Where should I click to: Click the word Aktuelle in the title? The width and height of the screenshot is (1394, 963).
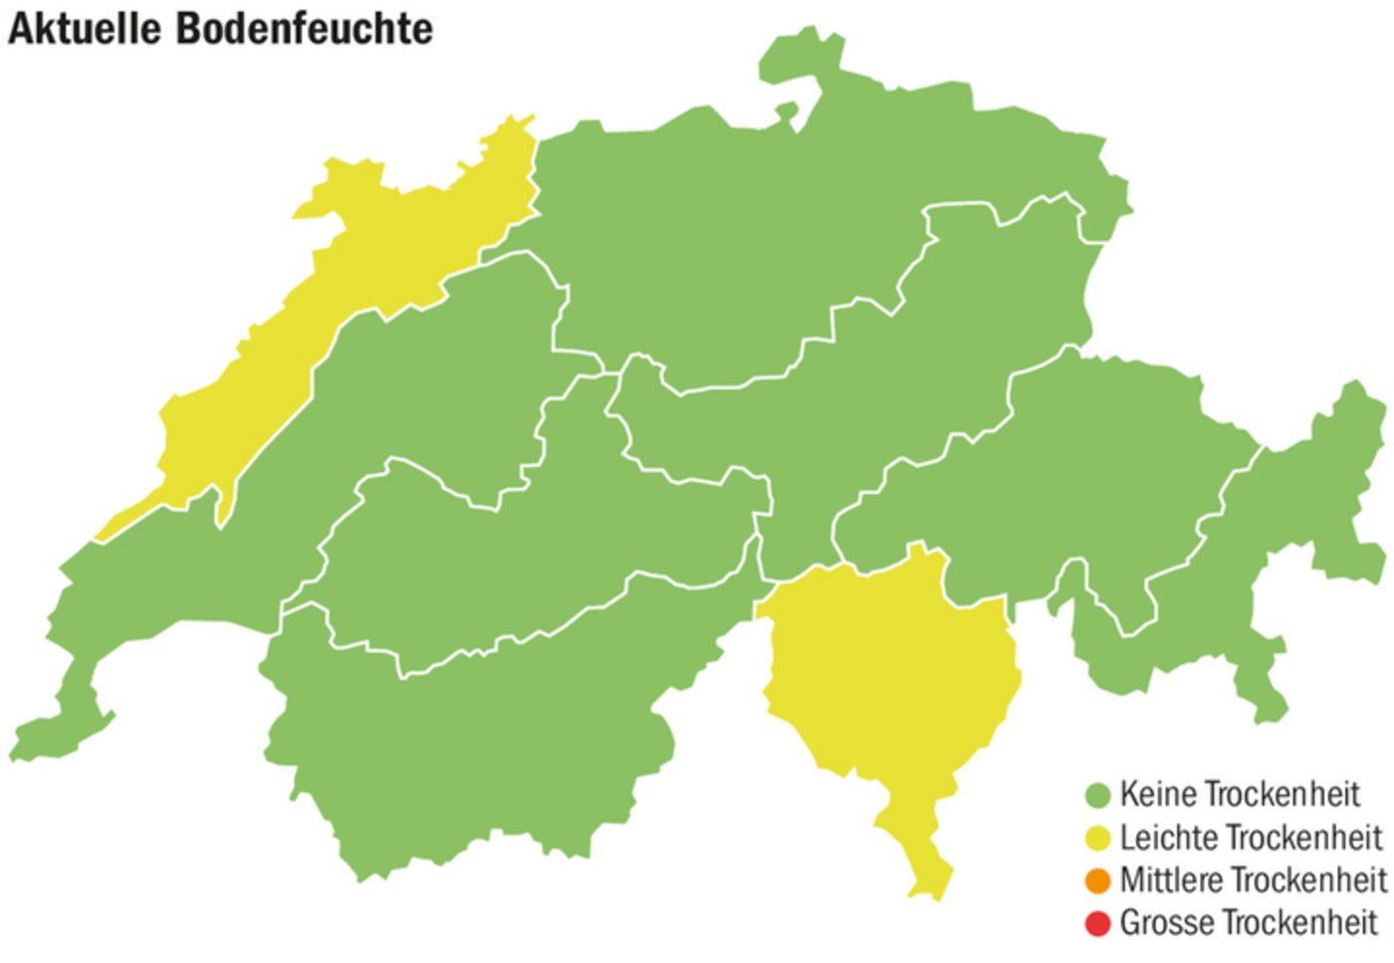84,28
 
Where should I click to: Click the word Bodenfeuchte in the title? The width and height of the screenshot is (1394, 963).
305,28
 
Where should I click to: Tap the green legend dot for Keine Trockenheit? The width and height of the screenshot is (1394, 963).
1097,796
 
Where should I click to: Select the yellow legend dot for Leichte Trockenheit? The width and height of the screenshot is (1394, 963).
1097,839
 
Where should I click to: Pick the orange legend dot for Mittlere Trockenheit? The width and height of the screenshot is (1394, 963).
1097,881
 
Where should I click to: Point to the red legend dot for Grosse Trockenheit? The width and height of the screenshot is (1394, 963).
1097,924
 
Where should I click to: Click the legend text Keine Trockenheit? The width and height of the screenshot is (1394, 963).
1240,795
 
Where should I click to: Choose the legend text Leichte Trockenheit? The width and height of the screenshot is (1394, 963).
1251,838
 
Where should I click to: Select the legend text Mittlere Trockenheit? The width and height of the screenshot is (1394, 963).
1253,880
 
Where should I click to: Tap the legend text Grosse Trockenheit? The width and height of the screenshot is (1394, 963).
1249,923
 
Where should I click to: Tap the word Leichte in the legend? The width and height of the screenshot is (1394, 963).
1161,838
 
